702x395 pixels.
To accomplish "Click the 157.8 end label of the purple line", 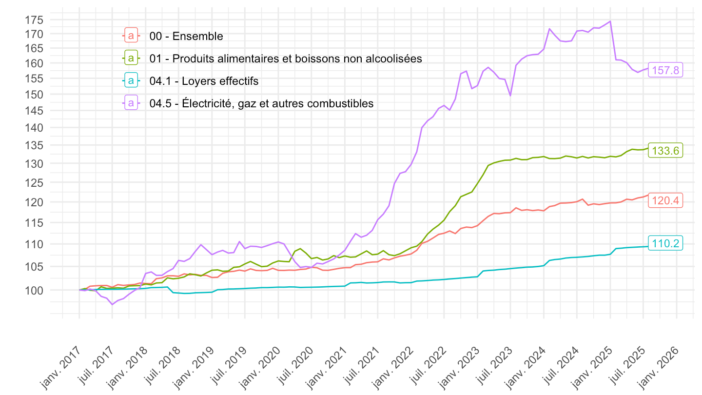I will [665, 70].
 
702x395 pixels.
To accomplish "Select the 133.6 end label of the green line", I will [665, 151].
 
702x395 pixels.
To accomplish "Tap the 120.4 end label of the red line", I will [665, 200].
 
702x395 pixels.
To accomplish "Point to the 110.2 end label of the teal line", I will [665, 243].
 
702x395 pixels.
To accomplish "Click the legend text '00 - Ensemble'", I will [186, 36].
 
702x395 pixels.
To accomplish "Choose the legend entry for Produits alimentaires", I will [286, 59].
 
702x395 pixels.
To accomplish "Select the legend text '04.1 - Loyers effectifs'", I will [204, 81].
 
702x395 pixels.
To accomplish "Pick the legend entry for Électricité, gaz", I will [261, 103].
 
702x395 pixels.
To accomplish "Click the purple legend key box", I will [131, 103].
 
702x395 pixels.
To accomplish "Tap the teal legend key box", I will [131, 81].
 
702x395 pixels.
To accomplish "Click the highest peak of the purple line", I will [610, 21].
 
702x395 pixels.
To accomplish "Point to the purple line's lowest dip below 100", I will [112, 304].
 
